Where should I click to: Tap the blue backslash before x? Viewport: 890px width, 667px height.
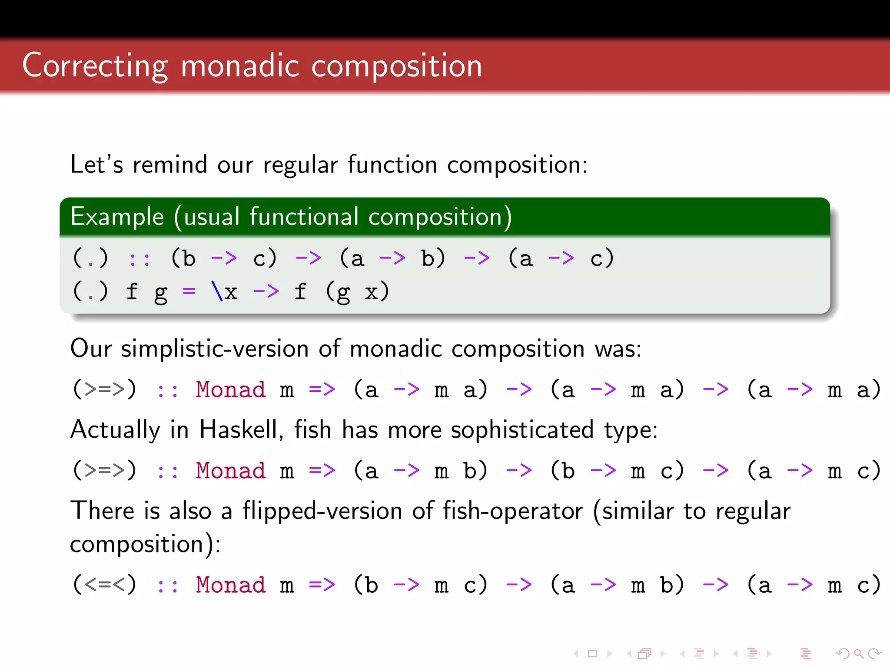pos(217,291)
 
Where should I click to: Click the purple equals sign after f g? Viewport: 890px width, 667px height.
pos(189,291)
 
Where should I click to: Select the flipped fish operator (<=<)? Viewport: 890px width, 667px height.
pos(104,584)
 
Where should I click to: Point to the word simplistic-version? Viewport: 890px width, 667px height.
pos(215,349)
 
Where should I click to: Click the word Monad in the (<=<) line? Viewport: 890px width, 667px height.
pos(230,584)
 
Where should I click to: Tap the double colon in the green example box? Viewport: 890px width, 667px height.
pos(139,259)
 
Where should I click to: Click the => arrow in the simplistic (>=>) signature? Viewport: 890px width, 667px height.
pos(322,389)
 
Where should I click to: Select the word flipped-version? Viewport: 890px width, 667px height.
pos(322,511)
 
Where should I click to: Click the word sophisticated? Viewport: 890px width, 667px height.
pos(522,429)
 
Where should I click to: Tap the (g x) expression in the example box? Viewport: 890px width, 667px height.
pos(357,292)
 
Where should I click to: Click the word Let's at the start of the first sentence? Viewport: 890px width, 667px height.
pos(96,165)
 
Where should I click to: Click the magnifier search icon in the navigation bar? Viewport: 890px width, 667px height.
pos(858,653)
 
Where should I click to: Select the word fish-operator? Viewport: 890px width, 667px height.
pos(512,511)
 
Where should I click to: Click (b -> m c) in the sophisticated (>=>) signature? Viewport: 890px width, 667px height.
pos(617,470)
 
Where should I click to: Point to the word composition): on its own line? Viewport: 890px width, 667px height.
pos(145,544)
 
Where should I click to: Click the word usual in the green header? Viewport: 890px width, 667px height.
pos(212,216)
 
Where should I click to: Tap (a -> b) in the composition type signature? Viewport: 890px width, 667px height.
pos(392,258)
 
